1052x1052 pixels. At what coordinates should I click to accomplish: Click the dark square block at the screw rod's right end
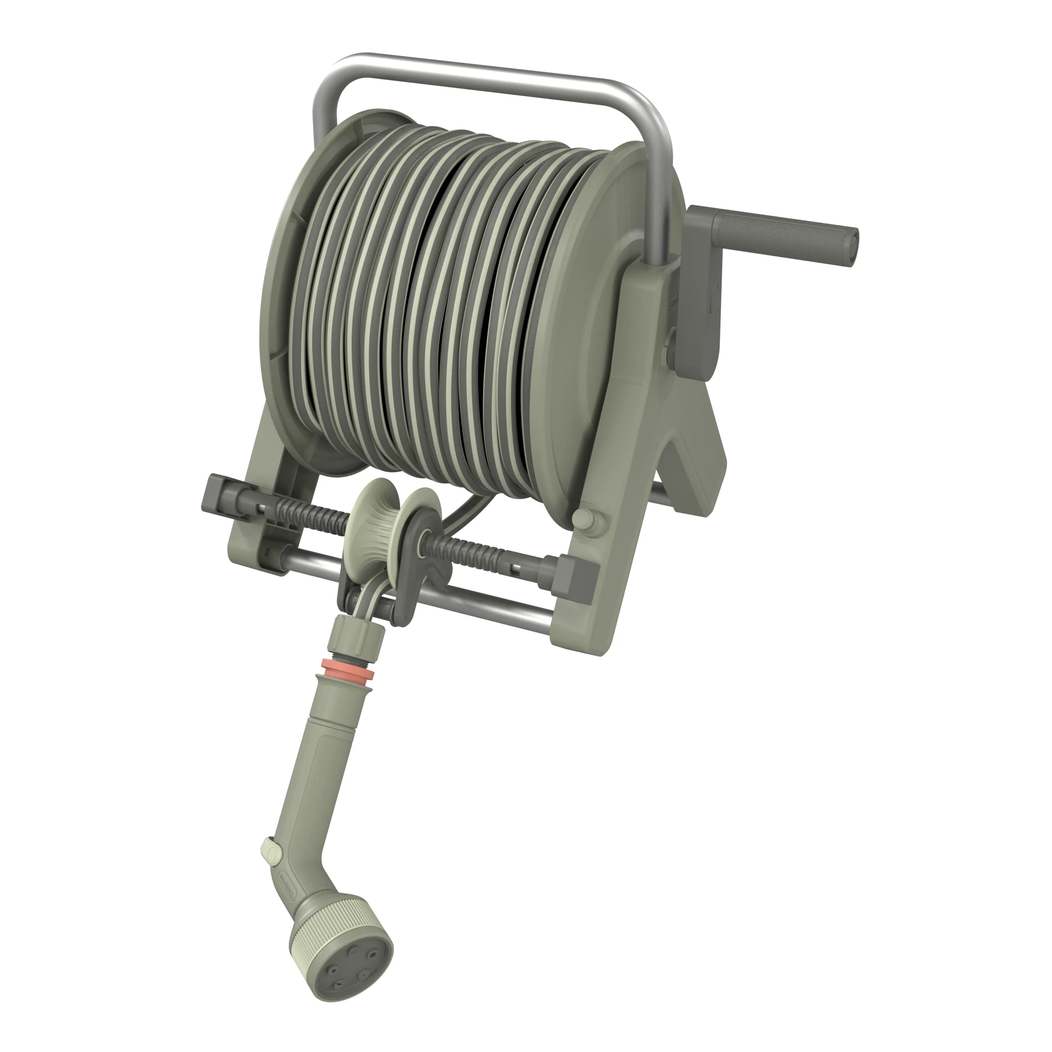[578, 574]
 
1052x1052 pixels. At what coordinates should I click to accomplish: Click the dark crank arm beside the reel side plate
[700, 305]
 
